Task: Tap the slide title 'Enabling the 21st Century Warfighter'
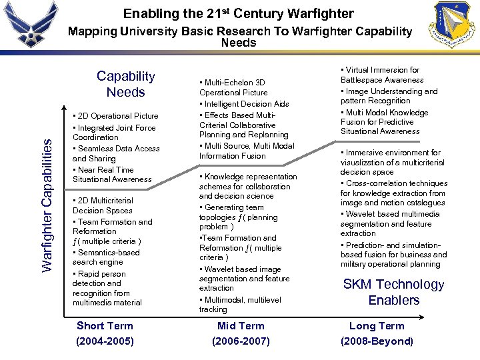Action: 239,13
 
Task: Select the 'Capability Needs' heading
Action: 125,84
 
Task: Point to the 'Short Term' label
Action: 105,325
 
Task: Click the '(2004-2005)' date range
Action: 105,341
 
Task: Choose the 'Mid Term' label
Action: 241,325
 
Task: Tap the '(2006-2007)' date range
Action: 241,341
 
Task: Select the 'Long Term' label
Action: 377,325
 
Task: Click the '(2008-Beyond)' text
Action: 377,341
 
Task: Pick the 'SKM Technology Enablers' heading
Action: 393,292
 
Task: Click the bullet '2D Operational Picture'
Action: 117,116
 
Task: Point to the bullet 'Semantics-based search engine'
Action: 107,257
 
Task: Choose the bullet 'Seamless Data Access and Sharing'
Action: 117,153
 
